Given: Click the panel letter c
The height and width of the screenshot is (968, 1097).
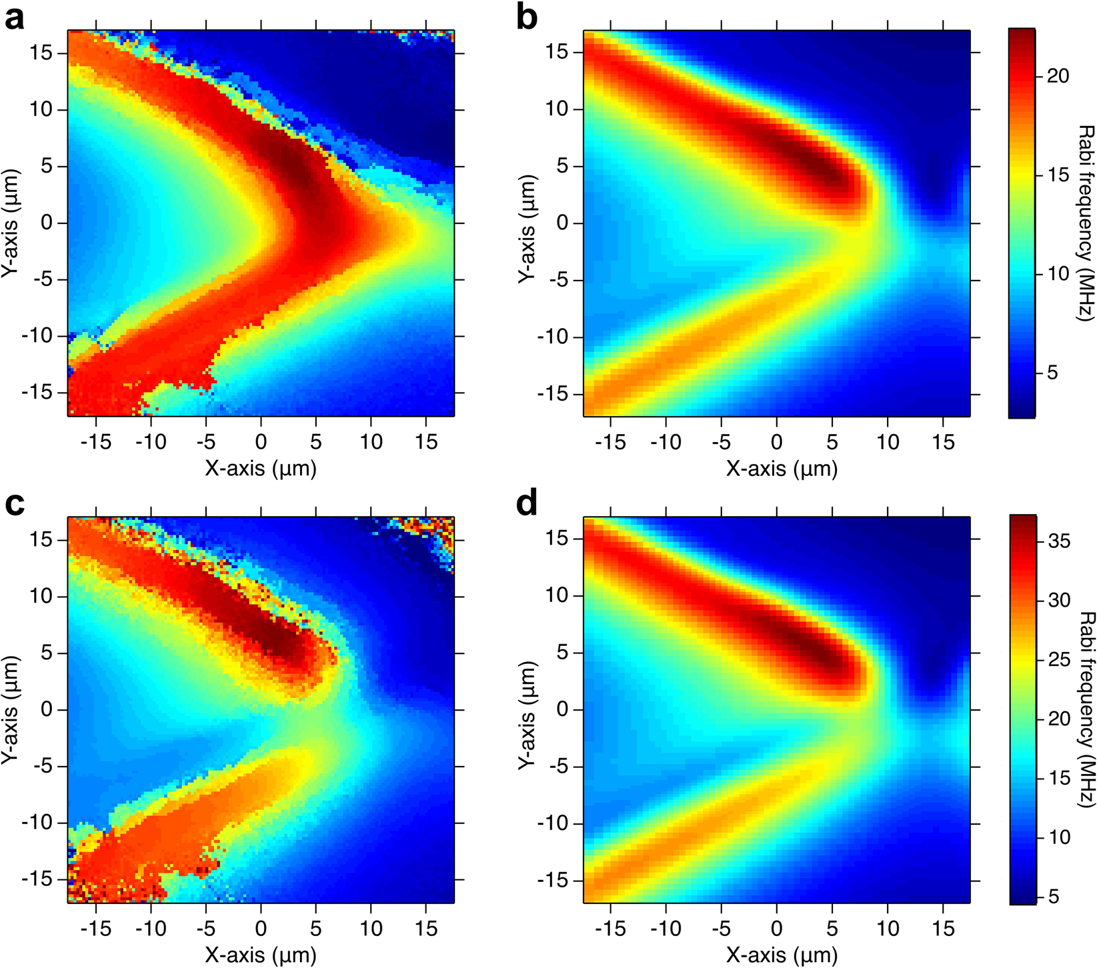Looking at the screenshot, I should coord(15,505).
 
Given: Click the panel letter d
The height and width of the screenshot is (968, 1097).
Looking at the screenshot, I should coord(527,505).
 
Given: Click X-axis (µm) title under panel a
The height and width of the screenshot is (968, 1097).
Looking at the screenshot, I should coord(261,468).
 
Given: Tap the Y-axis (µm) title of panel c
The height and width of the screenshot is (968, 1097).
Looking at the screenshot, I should coord(12,709).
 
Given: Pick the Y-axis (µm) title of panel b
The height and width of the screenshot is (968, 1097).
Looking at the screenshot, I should coord(527,223).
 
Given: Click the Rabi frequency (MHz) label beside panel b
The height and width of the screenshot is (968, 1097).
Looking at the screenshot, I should coord(1085,223).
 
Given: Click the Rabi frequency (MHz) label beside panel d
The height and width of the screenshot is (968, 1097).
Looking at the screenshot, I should coord(1085,709).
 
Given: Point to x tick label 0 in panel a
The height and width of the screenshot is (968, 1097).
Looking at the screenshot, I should coord(261,441).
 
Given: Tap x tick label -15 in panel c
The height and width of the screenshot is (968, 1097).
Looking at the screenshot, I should coord(95,928).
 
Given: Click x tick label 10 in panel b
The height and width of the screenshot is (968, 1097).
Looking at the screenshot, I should coord(887,441).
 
